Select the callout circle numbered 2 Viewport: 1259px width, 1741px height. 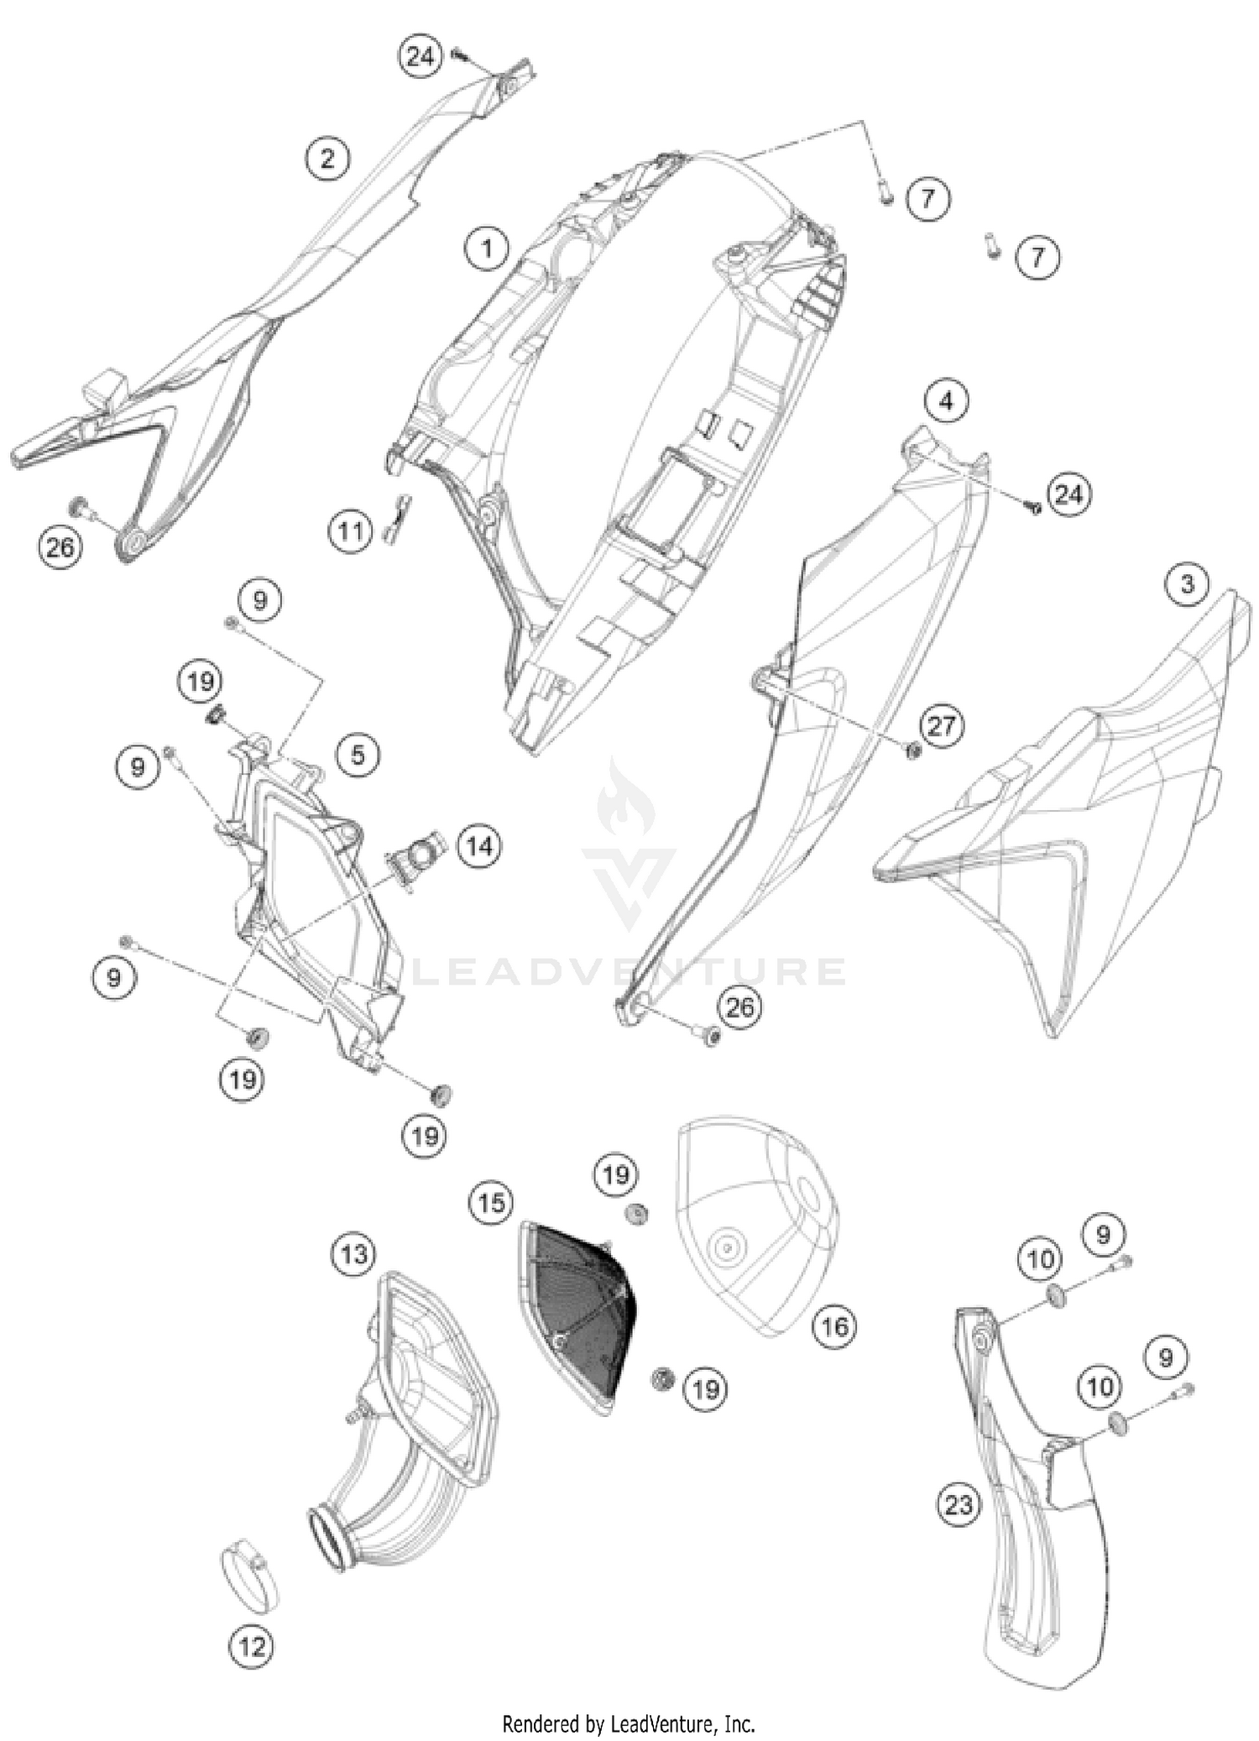point(327,157)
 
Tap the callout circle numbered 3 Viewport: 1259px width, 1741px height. point(1187,583)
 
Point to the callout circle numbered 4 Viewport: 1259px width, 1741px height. point(946,401)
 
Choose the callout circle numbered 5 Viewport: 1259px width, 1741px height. point(358,755)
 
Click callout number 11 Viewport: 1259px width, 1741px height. point(351,531)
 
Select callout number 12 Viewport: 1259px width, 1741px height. point(252,1646)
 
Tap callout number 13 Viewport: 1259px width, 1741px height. point(353,1254)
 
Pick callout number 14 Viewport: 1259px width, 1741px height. point(479,846)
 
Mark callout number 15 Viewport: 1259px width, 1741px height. point(492,1202)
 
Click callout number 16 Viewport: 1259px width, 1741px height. point(835,1326)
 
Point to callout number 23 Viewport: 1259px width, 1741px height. point(959,1505)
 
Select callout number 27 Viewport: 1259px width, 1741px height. point(942,724)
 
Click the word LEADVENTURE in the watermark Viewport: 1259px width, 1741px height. point(629,971)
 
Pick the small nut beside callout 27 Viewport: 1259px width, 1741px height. point(914,749)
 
